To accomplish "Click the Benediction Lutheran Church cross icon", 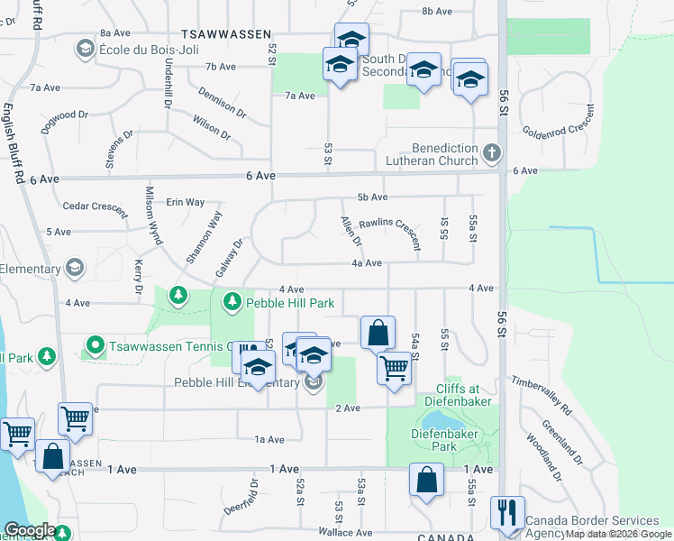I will (x=492, y=152).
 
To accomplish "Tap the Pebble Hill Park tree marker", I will (x=233, y=299).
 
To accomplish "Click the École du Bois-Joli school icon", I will (x=87, y=48).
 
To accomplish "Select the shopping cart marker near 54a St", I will (x=394, y=367).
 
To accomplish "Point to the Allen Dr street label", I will (x=350, y=231).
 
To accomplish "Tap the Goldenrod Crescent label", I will (x=559, y=123).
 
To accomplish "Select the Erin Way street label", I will (x=185, y=202).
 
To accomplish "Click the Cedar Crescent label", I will (x=95, y=206).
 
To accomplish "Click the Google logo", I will (x=30, y=530).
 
